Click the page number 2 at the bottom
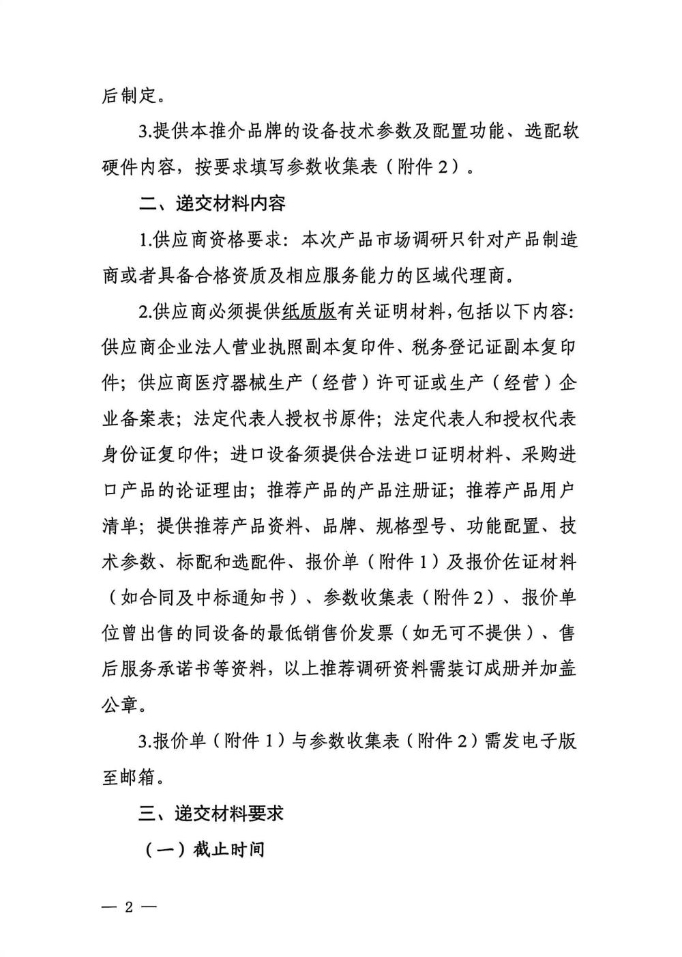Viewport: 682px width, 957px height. click(x=129, y=907)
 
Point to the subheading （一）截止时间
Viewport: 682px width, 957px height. click(x=204, y=850)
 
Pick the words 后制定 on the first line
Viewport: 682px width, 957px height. click(x=130, y=96)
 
